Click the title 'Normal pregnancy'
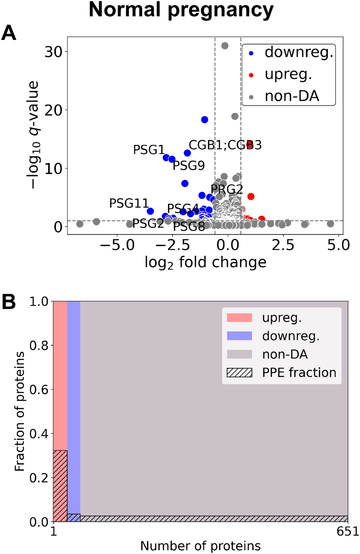click(x=181, y=10)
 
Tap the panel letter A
click(x=9, y=33)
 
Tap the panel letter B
click(x=9, y=302)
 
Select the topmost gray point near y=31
click(x=225, y=46)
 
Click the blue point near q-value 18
click(x=205, y=119)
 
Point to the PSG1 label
click(x=149, y=149)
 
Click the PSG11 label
click(x=129, y=203)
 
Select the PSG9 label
click(x=189, y=165)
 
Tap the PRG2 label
click(x=227, y=189)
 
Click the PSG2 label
click(x=148, y=223)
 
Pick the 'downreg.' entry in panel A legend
click(x=299, y=53)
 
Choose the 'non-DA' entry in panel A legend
click(x=292, y=96)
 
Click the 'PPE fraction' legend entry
click(x=299, y=372)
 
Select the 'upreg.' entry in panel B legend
click(x=281, y=318)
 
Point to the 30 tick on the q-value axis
click(x=53, y=52)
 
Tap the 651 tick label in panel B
click(x=348, y=532)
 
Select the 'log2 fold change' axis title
click(x=205, y=263)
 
